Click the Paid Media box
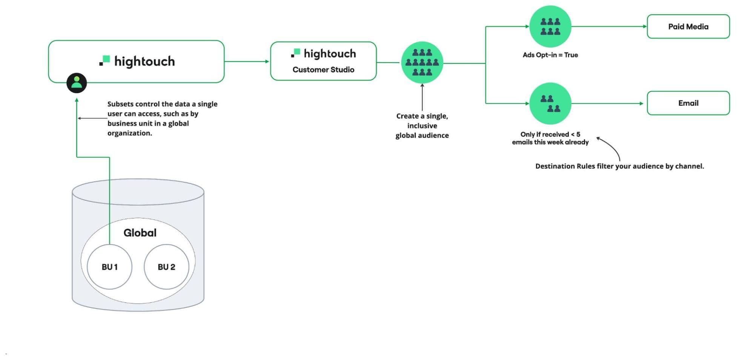click(x=688, y=26)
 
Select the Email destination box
click(x=688, y=103)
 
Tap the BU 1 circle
click(x=109, y=267)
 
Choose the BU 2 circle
click(x=166, y=267)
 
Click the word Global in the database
click(x=140, y=233)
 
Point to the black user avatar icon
click(x=77, y=83)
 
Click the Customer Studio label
click(x=323, y=70)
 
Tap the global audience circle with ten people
click(x=422, y=63)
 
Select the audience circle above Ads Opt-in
click(x=550, y=26)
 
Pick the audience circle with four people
click(x=550, y=103)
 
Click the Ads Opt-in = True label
click(x=550, y=55)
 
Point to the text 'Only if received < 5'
click(x=550, y=134)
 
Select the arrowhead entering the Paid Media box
click(x=645, y=26)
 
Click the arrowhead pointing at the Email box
click(x=641, y=103)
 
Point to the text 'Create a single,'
click(x=422, y=116)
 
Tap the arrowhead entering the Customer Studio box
click(x=267, y=62)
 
